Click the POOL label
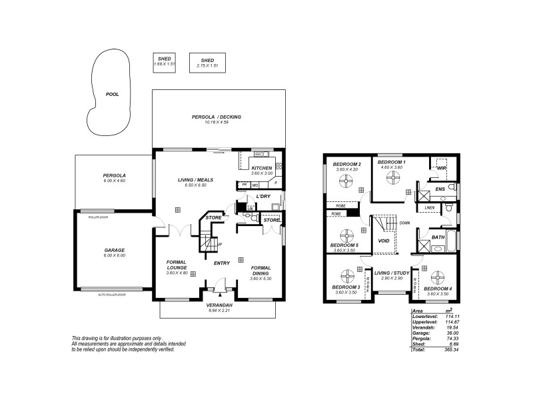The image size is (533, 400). (113, 95)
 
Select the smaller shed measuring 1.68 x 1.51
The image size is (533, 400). (165, 62)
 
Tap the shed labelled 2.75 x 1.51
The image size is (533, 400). (207, 63)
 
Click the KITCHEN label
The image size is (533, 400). (261, 168)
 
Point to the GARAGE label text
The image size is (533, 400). (114, 250)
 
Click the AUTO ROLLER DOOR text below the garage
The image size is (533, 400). (112, 294)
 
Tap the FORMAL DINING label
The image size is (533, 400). (261, 270)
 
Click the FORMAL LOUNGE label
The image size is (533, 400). (177, 265)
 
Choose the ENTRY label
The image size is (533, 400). (221, 263)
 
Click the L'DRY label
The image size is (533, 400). (263, 197)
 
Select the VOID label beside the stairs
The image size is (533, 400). (383, 241)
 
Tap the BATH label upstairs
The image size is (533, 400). (438, 237)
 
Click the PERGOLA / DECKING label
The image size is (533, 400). (217, 117)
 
